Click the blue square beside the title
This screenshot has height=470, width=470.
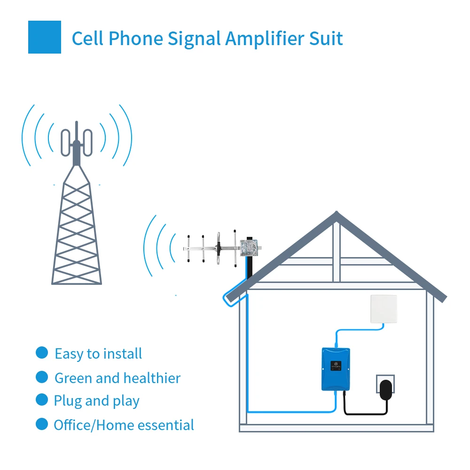coord(45,37)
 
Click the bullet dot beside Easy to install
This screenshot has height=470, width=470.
coord(42,353)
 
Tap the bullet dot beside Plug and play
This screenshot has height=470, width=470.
coord(42,400)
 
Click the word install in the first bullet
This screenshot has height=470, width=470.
coord(123,353)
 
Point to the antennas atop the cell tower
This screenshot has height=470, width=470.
coord(77,140)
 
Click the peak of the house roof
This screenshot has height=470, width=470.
coord(336,215)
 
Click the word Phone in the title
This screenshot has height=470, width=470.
coord(136,39)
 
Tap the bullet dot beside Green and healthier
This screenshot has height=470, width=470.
coord(42,377)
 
